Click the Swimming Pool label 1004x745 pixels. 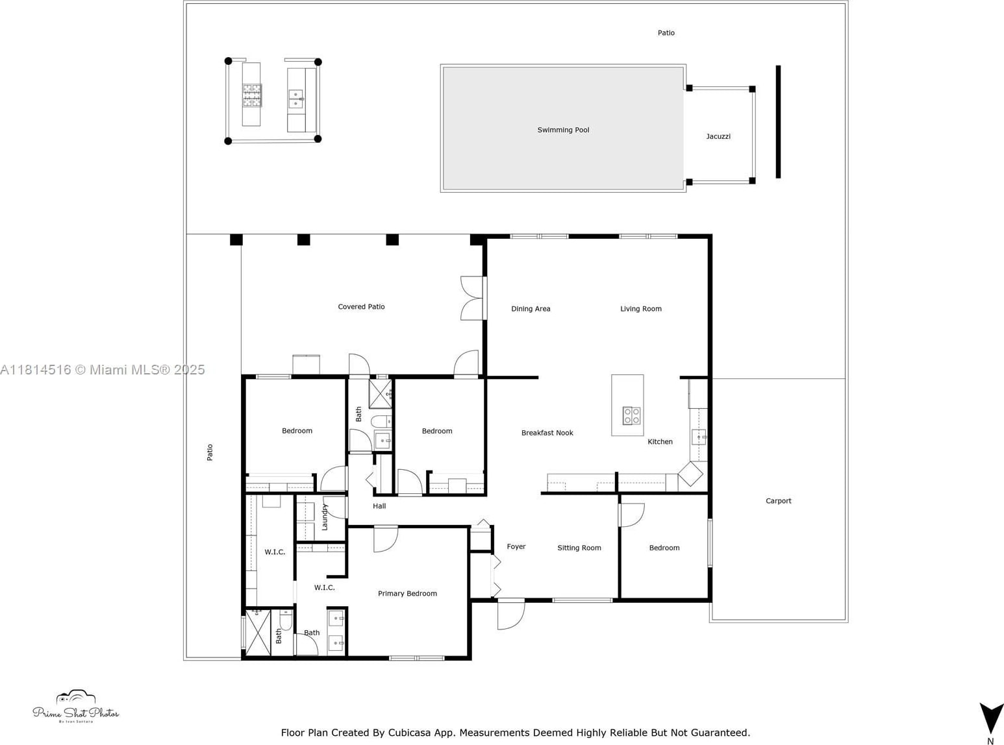[563, 130]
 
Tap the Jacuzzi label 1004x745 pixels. [718, 136]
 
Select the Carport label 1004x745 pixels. [779, 501]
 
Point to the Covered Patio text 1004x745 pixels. [361, 307]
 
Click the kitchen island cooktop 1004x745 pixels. [631, 415]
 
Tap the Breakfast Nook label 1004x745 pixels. [547, 433]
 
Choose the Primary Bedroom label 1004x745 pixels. [407, 593]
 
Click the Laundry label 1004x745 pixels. [324, 517]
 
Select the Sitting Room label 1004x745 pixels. [579, 548]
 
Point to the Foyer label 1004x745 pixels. [516, 546]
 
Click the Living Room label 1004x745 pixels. [641, 309]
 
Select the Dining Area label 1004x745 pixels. [531, 309]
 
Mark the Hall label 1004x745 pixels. [379, 506]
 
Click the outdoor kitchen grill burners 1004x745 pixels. [252, 95]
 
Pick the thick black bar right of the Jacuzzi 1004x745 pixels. [778, 121]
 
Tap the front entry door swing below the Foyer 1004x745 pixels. [511, 615]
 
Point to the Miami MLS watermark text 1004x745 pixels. [103, 370]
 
